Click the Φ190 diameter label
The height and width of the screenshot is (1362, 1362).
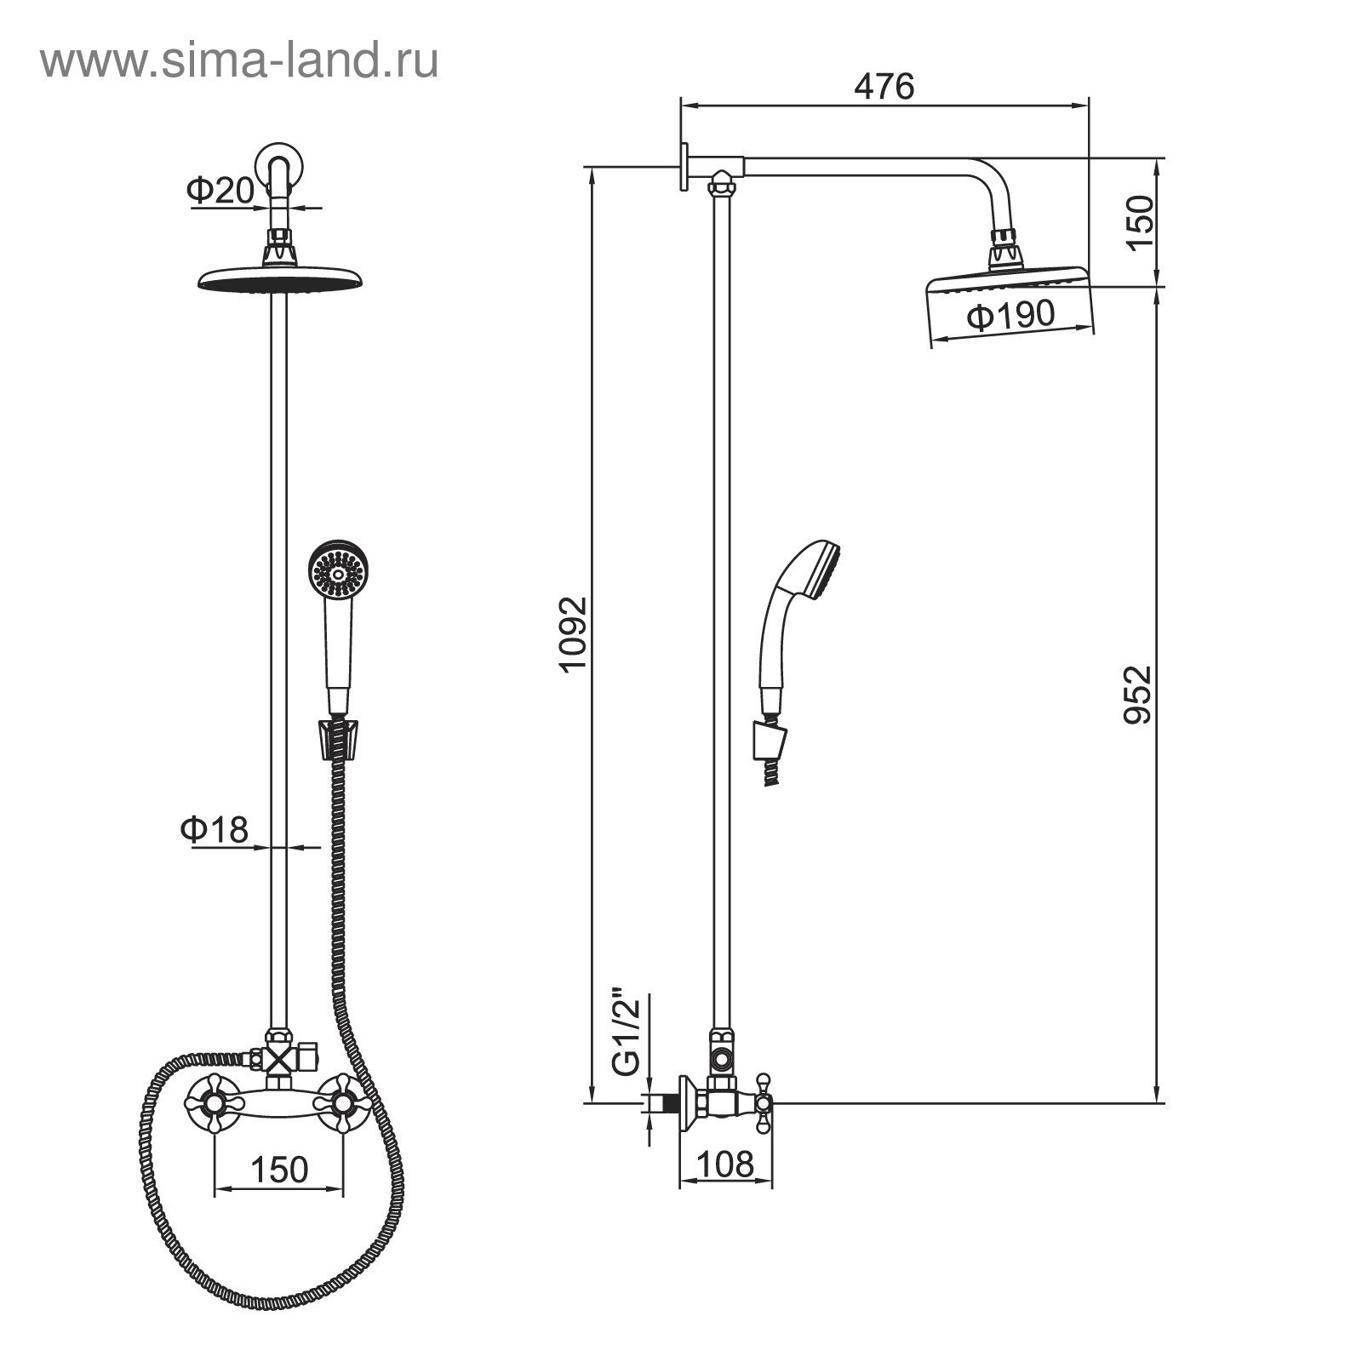coord(1011,316)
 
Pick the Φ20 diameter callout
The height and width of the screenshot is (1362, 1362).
coord(220,191)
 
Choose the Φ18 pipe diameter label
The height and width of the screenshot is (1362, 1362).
coord(214,828)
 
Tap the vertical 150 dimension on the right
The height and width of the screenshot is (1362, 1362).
coord(1138,221)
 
